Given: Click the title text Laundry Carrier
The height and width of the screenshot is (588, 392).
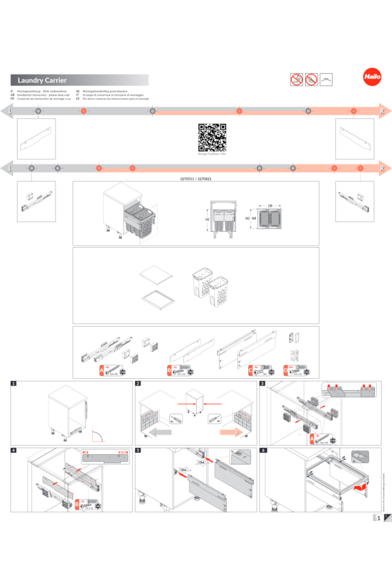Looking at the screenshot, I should [42, 80].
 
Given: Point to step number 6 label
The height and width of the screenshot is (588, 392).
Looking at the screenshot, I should [263, 450].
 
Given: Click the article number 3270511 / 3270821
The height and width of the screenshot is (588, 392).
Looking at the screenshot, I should [195, 178].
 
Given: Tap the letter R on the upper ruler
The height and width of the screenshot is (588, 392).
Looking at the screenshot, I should [381, 112].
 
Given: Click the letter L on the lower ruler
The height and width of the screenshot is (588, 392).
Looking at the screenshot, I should [10, 168].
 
